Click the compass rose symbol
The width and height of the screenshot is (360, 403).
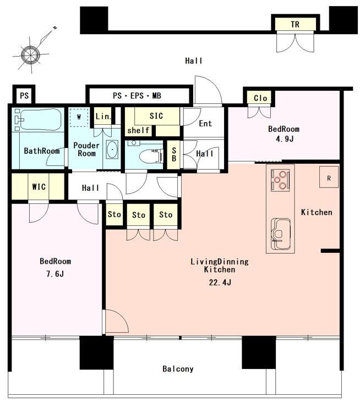(x=31, y=54)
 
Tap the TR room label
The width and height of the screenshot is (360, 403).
(x=295, y=24)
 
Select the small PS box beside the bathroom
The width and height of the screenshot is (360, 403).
(x=24, y=96)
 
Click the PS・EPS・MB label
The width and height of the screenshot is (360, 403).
(x=137, y=96)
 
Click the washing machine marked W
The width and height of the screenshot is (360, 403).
(x=79, y=117)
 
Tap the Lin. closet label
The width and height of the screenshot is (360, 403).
(x=103, y=117)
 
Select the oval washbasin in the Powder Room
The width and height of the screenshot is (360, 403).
(x=112, y=150)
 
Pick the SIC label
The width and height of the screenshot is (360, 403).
(x=156, y=116)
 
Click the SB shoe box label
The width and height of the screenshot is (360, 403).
(x=174, y=154)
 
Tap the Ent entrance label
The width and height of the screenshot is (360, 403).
(x=205, y=124)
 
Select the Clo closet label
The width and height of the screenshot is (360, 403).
(x=260, y=98)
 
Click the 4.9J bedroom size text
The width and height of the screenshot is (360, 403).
(x=285, y=139)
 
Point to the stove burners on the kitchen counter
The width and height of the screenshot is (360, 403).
(x=280, y=180)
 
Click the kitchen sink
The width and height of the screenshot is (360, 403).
(x=281, y=234)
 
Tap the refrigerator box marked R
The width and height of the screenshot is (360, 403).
(x=329, y=177)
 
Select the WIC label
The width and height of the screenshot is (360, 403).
(x=39, y=186)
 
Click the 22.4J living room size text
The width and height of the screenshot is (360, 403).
(x=220, y=283)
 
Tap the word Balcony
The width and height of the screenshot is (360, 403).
(x=178, y=369)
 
